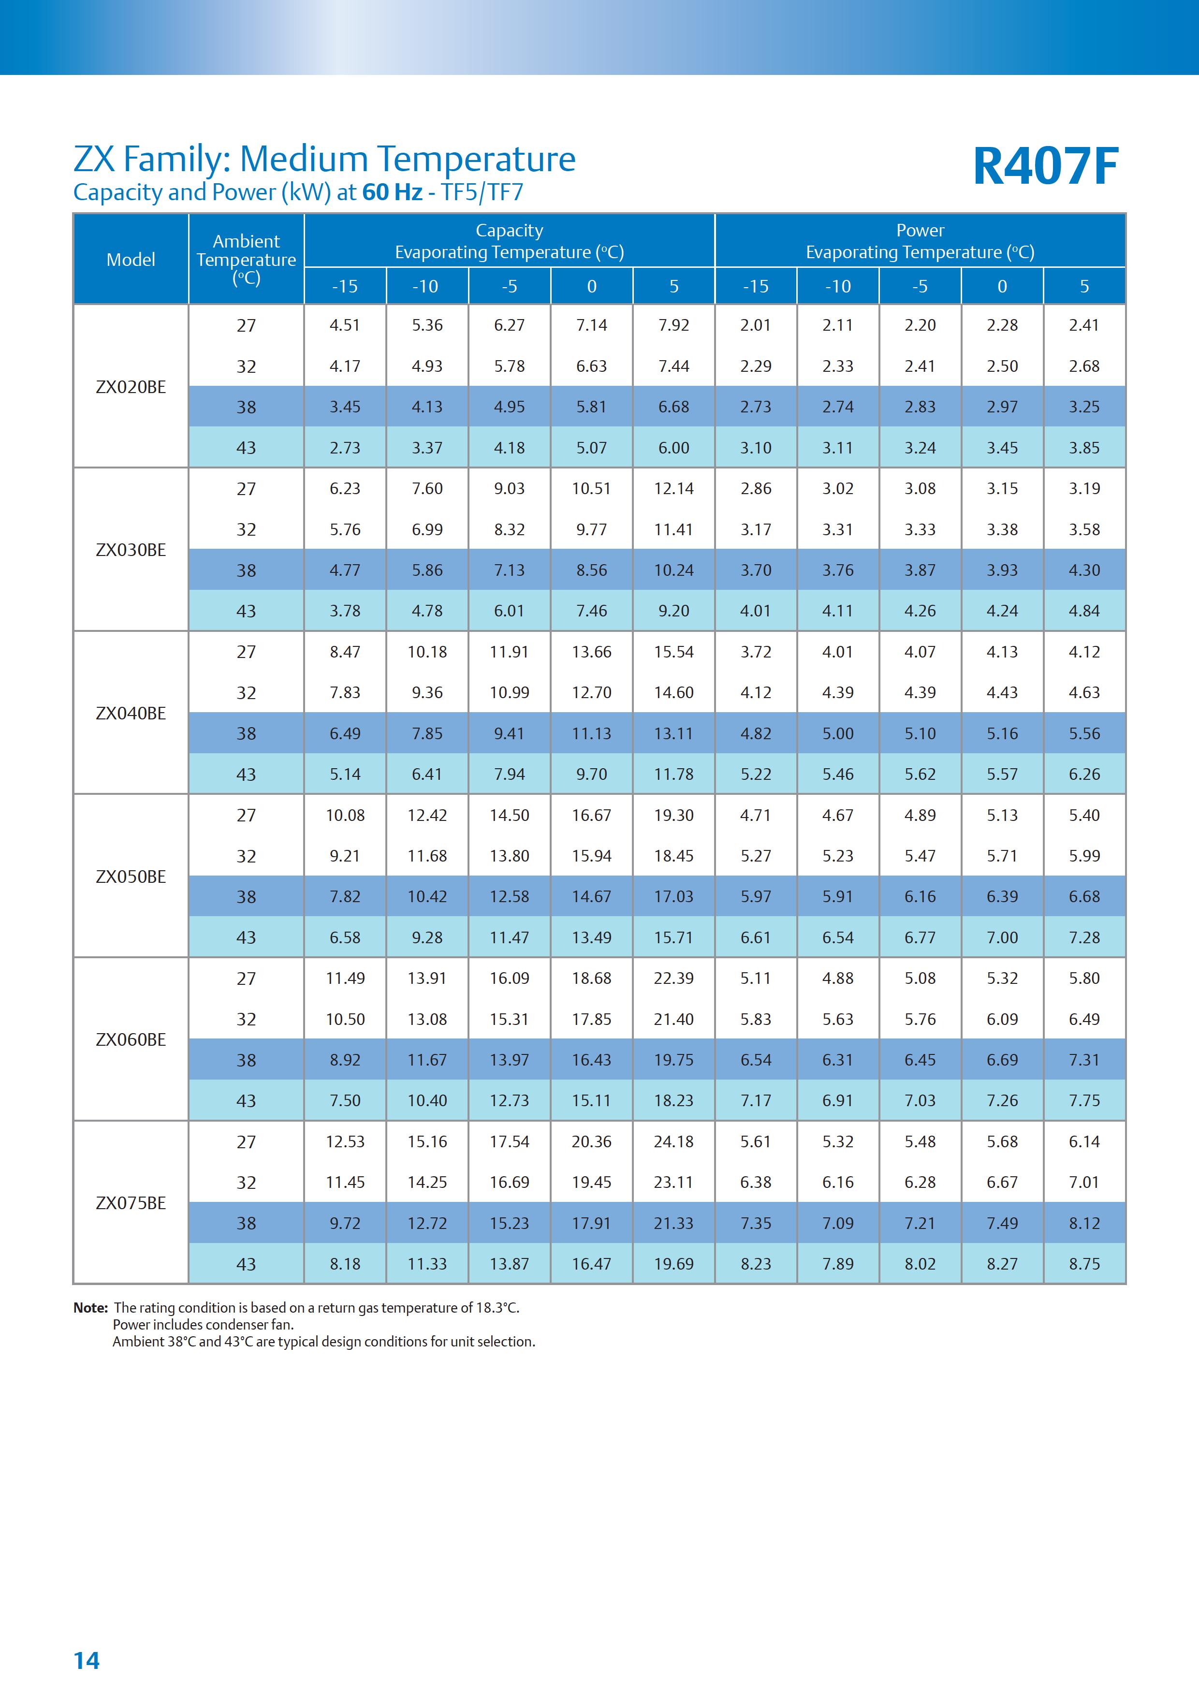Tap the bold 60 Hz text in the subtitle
[392, 192]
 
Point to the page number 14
[87, 1661]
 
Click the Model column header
[131, 259]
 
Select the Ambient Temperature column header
[246, 259]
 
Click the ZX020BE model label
[131, 386]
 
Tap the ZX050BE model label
[131, 876]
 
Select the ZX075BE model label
[131, 1202]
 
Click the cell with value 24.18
[674, 1141]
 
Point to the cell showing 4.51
[345, 325]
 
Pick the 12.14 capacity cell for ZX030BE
[674, 488]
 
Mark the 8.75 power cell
[1084, 1264]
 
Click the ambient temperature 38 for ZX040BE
[246, 733]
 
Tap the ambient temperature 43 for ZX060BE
[246, 1101]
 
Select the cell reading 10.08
[345, 815]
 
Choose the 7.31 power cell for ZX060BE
[1084, 1060]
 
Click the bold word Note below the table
[90, 1307]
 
